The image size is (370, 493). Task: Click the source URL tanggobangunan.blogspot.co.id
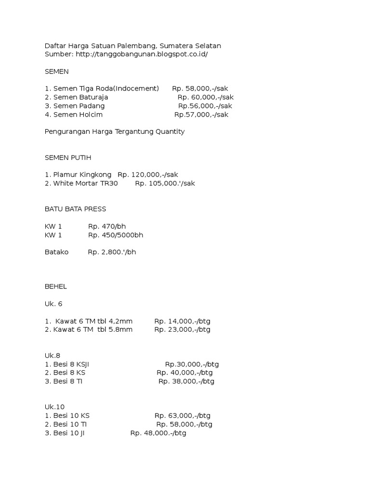(142, 54)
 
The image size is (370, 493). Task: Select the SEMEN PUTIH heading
(67, 157)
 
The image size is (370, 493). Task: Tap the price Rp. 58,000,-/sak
(200, 89)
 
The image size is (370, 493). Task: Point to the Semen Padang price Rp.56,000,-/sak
(205, 106)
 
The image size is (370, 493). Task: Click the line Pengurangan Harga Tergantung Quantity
(114, 131)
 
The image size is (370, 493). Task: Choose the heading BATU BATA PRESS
(75, 209)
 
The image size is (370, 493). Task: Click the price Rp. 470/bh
(107, 226)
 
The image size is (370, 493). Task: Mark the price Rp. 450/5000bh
(116, 235)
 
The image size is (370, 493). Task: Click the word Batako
(56, 252)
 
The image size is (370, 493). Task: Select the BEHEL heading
(56, 286)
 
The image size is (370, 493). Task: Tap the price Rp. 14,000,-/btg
(182, 321)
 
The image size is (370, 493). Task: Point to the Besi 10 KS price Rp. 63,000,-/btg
(183, 415)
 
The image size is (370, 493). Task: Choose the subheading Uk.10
(54, 407)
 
